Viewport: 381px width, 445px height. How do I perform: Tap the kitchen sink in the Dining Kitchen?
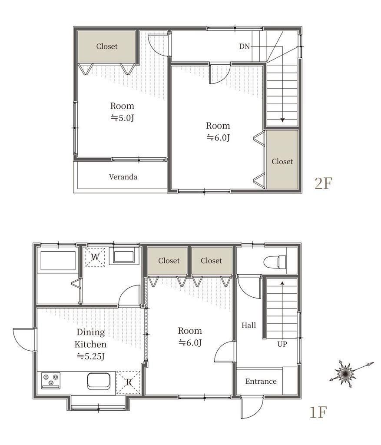[99, 381]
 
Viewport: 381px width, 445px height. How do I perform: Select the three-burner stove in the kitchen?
[51, 380]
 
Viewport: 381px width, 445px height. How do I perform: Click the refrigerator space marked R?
[129, 382]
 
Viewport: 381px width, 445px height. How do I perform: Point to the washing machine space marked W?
[95, 257]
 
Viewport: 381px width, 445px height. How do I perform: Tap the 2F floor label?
[323, 183]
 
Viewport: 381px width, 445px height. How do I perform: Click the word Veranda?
[123, 177]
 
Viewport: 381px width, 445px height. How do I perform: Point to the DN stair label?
[244, 46]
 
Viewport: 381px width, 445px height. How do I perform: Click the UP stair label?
[282, 344]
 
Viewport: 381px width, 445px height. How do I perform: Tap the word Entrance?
[261, 381]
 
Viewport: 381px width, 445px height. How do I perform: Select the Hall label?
[248, 325]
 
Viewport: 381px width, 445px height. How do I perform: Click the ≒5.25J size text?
[91, 356]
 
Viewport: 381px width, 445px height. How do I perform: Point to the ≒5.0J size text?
[122, 118]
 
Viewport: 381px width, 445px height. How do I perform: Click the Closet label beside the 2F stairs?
[282, 162]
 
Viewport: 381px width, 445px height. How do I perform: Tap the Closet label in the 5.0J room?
[107, 46]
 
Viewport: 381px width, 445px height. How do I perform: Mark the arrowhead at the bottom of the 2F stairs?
[282, 120]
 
